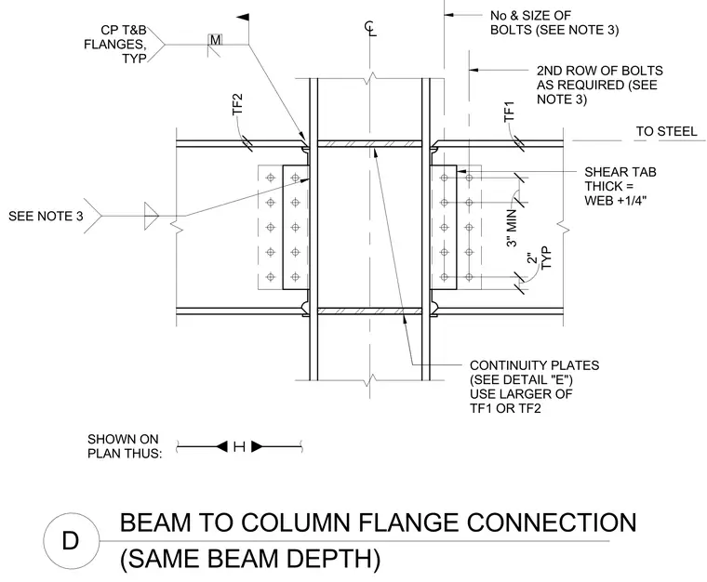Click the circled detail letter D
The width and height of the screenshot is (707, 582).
(x=71, y=540)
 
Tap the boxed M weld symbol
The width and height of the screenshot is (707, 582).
(x=216, y=40)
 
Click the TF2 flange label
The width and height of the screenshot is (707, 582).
(x=237, y=104)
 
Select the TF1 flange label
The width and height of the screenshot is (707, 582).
(x=509, y=112)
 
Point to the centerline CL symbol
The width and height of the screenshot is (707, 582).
(x=370, y=29)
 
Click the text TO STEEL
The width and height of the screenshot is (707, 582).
(x=666, y=131)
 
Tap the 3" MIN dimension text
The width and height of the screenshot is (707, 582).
(x=512, y=228)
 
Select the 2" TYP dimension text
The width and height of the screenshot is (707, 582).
(x=540, y=258)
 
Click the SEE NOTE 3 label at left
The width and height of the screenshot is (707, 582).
(x=46, y=217)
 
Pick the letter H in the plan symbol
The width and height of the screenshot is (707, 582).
(x=239, y=447)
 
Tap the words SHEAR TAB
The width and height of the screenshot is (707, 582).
(x=620, y=172)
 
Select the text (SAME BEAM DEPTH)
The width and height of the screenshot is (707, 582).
(x=250, y=559)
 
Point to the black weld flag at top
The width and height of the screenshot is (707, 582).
(x=243, y=17)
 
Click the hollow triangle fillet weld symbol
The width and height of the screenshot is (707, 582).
(x=152, y=217)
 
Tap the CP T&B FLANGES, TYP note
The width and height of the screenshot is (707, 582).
(x=115, y=44)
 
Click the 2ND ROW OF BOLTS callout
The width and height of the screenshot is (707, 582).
(x=600, y=85)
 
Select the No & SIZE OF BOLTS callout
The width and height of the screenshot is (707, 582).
(x=554, y=23)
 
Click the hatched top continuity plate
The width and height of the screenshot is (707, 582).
(x=369, y=144)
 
